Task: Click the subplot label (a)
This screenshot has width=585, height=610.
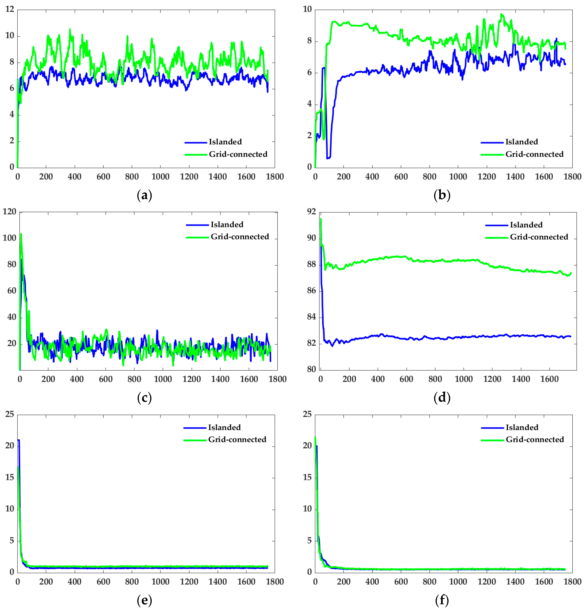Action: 144,195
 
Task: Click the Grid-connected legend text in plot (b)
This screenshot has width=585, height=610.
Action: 534,154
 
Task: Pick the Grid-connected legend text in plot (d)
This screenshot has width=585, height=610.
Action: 539,237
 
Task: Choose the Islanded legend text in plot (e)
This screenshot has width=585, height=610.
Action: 224,427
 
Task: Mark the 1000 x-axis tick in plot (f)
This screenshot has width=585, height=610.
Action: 458,581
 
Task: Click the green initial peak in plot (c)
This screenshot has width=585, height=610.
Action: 21,234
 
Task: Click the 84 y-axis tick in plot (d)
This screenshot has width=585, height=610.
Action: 311,317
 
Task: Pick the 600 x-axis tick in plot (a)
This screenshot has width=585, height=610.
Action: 103,177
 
